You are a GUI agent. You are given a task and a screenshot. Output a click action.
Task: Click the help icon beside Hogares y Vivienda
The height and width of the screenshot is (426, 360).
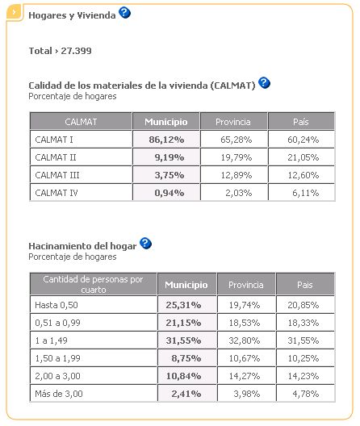[x=125, y=12]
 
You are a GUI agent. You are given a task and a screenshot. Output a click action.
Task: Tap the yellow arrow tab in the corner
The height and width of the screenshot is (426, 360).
[x=15, y=12]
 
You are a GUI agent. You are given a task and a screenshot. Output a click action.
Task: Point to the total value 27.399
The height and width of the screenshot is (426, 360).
[x=76, y=51]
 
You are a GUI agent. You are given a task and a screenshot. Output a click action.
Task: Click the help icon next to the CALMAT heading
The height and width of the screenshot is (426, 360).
[x=264, y=82]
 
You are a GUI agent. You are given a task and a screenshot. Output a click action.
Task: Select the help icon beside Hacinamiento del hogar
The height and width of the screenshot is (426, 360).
[x=145, y=243]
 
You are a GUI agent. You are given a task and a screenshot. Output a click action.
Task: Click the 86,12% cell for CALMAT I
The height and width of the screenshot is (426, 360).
[x=166, y=140]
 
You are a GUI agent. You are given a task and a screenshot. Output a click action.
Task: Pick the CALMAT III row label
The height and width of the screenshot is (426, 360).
[x=57, y=175]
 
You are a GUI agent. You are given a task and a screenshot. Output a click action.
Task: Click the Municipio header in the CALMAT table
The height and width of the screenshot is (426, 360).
[x=165, y=122]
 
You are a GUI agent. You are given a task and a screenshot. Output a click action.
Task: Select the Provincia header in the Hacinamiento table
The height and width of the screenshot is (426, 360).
[x=246, y=285]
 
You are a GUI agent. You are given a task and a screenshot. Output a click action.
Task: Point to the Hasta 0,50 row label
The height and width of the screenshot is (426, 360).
[x=57, y=305]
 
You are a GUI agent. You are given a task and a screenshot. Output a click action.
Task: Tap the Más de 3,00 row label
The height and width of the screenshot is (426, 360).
[x=59, y=394]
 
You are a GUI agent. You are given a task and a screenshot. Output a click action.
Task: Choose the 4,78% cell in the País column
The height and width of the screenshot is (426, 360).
[x=306, y=394]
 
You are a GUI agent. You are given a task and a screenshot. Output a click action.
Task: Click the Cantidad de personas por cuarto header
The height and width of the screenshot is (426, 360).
[x=94, y=285]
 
